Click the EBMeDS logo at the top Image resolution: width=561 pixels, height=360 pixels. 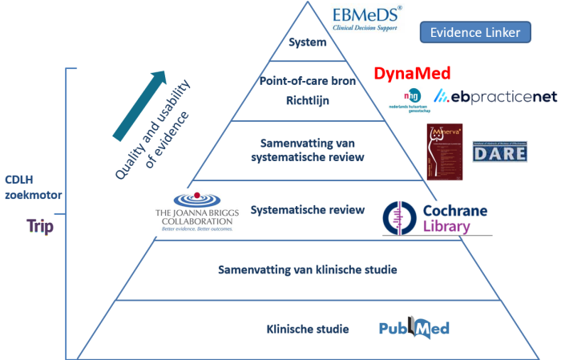[367, 18]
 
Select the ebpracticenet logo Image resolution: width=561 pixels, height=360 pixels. [495, 97]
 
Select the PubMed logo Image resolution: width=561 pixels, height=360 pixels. [414, 327]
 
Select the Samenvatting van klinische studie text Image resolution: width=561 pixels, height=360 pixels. [307, 269]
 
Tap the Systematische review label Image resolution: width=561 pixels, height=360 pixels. [308, 210]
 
